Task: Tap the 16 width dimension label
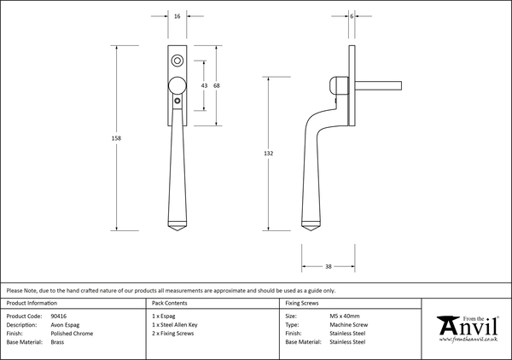(177, 16)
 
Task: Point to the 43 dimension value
(204, 86)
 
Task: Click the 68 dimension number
(217, 86)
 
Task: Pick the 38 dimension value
(329, 267)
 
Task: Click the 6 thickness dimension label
(352, 16)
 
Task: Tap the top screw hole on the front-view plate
(177, 61)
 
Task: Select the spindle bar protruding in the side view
(379, 85)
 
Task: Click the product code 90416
(59, 316)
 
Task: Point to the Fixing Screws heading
(303, 303)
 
